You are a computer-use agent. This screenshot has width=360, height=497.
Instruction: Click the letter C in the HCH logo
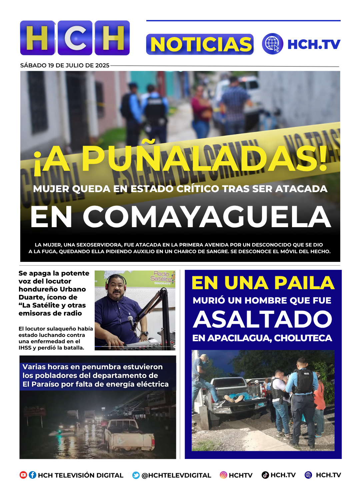click(75, 38)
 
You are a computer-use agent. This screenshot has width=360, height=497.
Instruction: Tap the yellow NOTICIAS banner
click(200, 44)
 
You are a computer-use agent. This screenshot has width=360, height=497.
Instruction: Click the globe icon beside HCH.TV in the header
click(272, 44)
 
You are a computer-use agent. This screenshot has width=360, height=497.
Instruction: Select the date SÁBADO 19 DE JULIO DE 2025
click(65, 65)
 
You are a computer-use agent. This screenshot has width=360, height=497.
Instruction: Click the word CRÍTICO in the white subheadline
click(198, 189)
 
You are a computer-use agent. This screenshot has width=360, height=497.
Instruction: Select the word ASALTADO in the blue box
click(263, 319)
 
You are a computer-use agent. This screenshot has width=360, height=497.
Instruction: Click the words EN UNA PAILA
click(263, 283)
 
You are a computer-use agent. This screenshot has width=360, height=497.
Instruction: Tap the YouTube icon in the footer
click(23, 475)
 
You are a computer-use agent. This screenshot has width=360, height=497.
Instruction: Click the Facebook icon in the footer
click(32, 475)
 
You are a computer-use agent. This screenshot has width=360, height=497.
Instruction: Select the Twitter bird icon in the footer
click(136, 475)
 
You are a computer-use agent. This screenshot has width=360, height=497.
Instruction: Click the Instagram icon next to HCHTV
click(223, 475)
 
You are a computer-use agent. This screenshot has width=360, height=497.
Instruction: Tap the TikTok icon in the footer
click(265, 475)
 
